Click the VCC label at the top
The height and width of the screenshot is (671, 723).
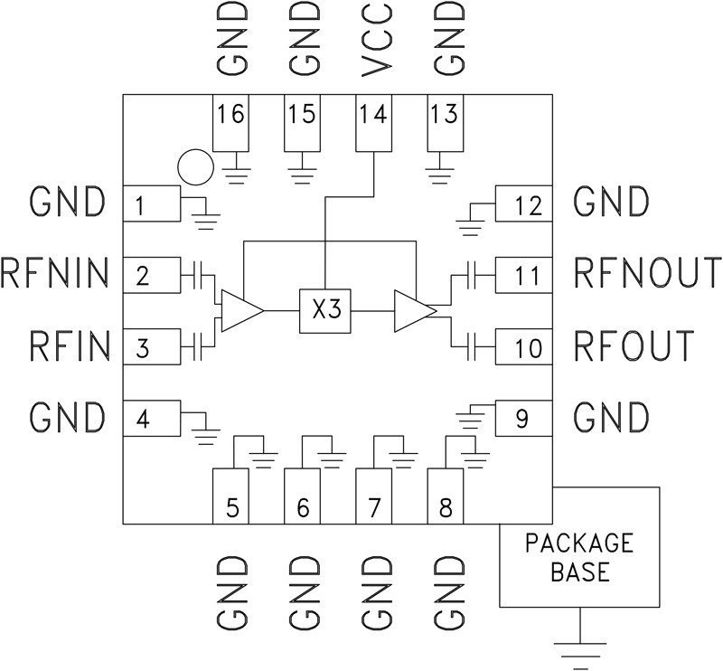375,40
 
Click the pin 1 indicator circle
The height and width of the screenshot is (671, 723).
194,166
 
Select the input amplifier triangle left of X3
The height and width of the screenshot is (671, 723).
239,310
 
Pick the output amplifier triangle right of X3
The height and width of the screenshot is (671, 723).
414,310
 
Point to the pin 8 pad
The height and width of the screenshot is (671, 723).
445,496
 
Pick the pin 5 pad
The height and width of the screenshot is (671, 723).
230,496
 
